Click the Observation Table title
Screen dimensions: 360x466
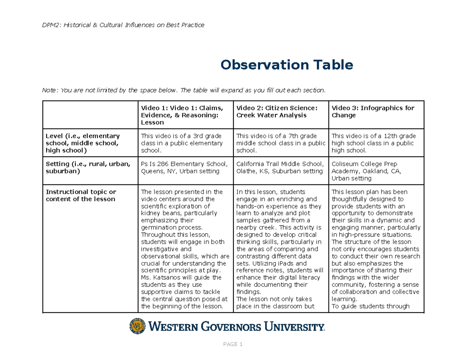tap(287, 65)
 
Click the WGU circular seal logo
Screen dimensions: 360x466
tap(137, 326)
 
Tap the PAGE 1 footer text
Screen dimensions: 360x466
tap(233, 344)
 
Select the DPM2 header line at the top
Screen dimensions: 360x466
tap(123, 25)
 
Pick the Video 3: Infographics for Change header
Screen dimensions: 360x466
tap(373, 111)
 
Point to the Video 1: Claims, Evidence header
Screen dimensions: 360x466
tap(182, 115)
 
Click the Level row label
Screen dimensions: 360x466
tap(83, 143)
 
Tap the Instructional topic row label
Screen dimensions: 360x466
tap(81, 195)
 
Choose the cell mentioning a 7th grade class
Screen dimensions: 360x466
tap(280, 143)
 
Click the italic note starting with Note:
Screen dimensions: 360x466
tap(183, 90)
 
